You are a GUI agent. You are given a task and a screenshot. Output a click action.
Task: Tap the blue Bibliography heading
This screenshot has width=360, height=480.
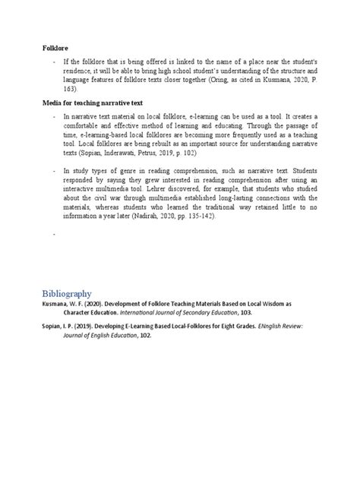67,293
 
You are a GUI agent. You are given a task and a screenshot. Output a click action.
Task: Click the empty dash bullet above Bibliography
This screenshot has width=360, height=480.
54,237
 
